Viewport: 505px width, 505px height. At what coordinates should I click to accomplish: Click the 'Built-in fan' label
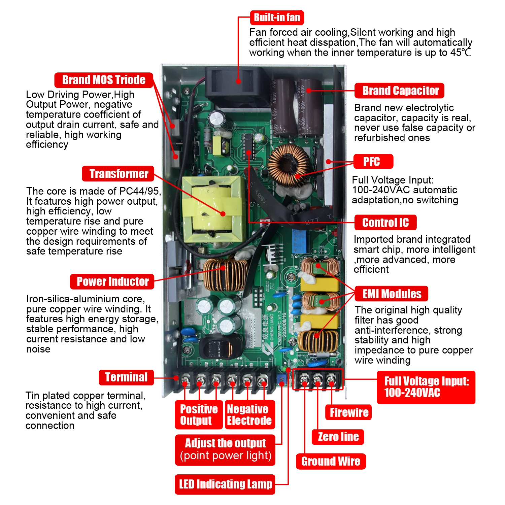click(x=277, y=18)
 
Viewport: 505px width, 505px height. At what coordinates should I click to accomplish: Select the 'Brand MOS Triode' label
click(x=104, y=80)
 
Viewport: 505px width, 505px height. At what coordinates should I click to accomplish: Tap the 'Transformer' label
click(x=119, y=174)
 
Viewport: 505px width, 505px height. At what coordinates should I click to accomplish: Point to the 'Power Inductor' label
click(x=112, y=281)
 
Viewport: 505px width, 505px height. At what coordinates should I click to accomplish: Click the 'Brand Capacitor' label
click(x=400, y=91)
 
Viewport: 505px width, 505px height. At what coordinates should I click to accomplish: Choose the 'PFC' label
click(x=372, y=162)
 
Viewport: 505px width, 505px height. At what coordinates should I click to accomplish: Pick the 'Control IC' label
click(x=385, y=223)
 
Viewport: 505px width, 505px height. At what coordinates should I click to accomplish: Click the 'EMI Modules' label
click(x=392, y=294)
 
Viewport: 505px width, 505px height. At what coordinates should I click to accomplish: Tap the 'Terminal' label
click(x=126, y=377)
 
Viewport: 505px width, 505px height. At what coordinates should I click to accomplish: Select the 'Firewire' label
click(x=349, y=412)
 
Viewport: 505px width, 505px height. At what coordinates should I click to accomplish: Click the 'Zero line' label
click(x=338, y=437)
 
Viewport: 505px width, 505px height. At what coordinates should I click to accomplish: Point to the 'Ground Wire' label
click(x=330, y=461)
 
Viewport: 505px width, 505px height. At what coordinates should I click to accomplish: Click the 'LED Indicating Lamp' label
click(x=225, y=484)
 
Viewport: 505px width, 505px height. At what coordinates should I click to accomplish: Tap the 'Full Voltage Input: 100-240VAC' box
click(x=426, y=387)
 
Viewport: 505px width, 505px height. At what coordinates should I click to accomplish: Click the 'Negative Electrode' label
click(x=249, y=415)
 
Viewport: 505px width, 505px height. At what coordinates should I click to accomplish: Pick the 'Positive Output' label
click(x=198, y=415)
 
